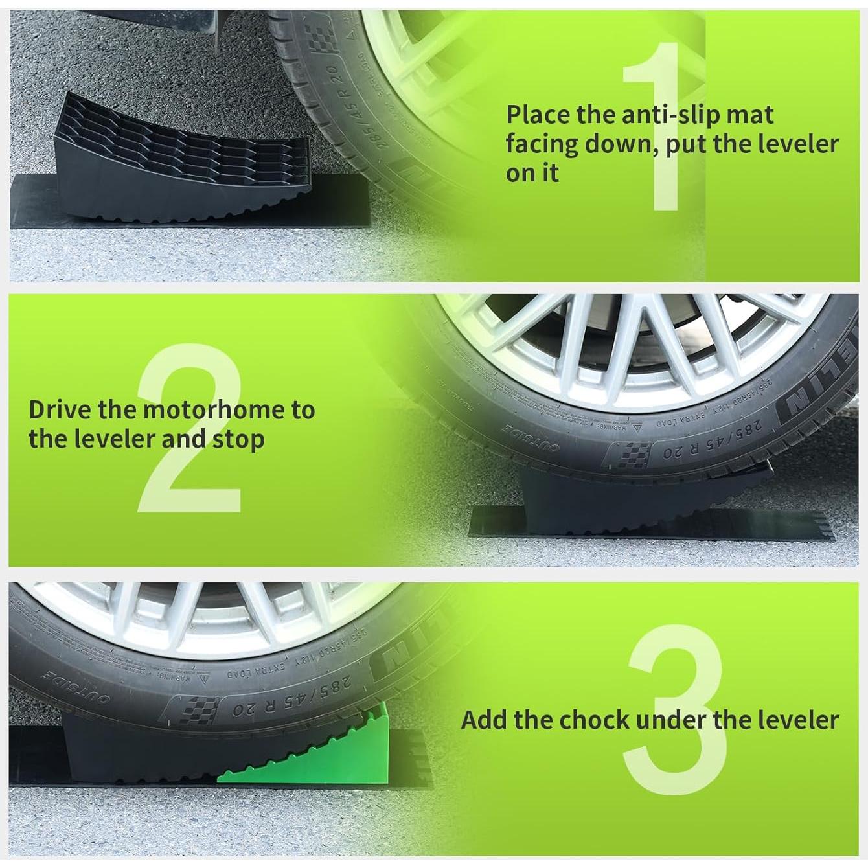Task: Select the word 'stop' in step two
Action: [x=238, y=440]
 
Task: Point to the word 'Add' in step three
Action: [x=484, y=720]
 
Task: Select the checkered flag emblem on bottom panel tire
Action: [x=194, y=713]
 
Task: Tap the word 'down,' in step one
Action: [x=622, y=144]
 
